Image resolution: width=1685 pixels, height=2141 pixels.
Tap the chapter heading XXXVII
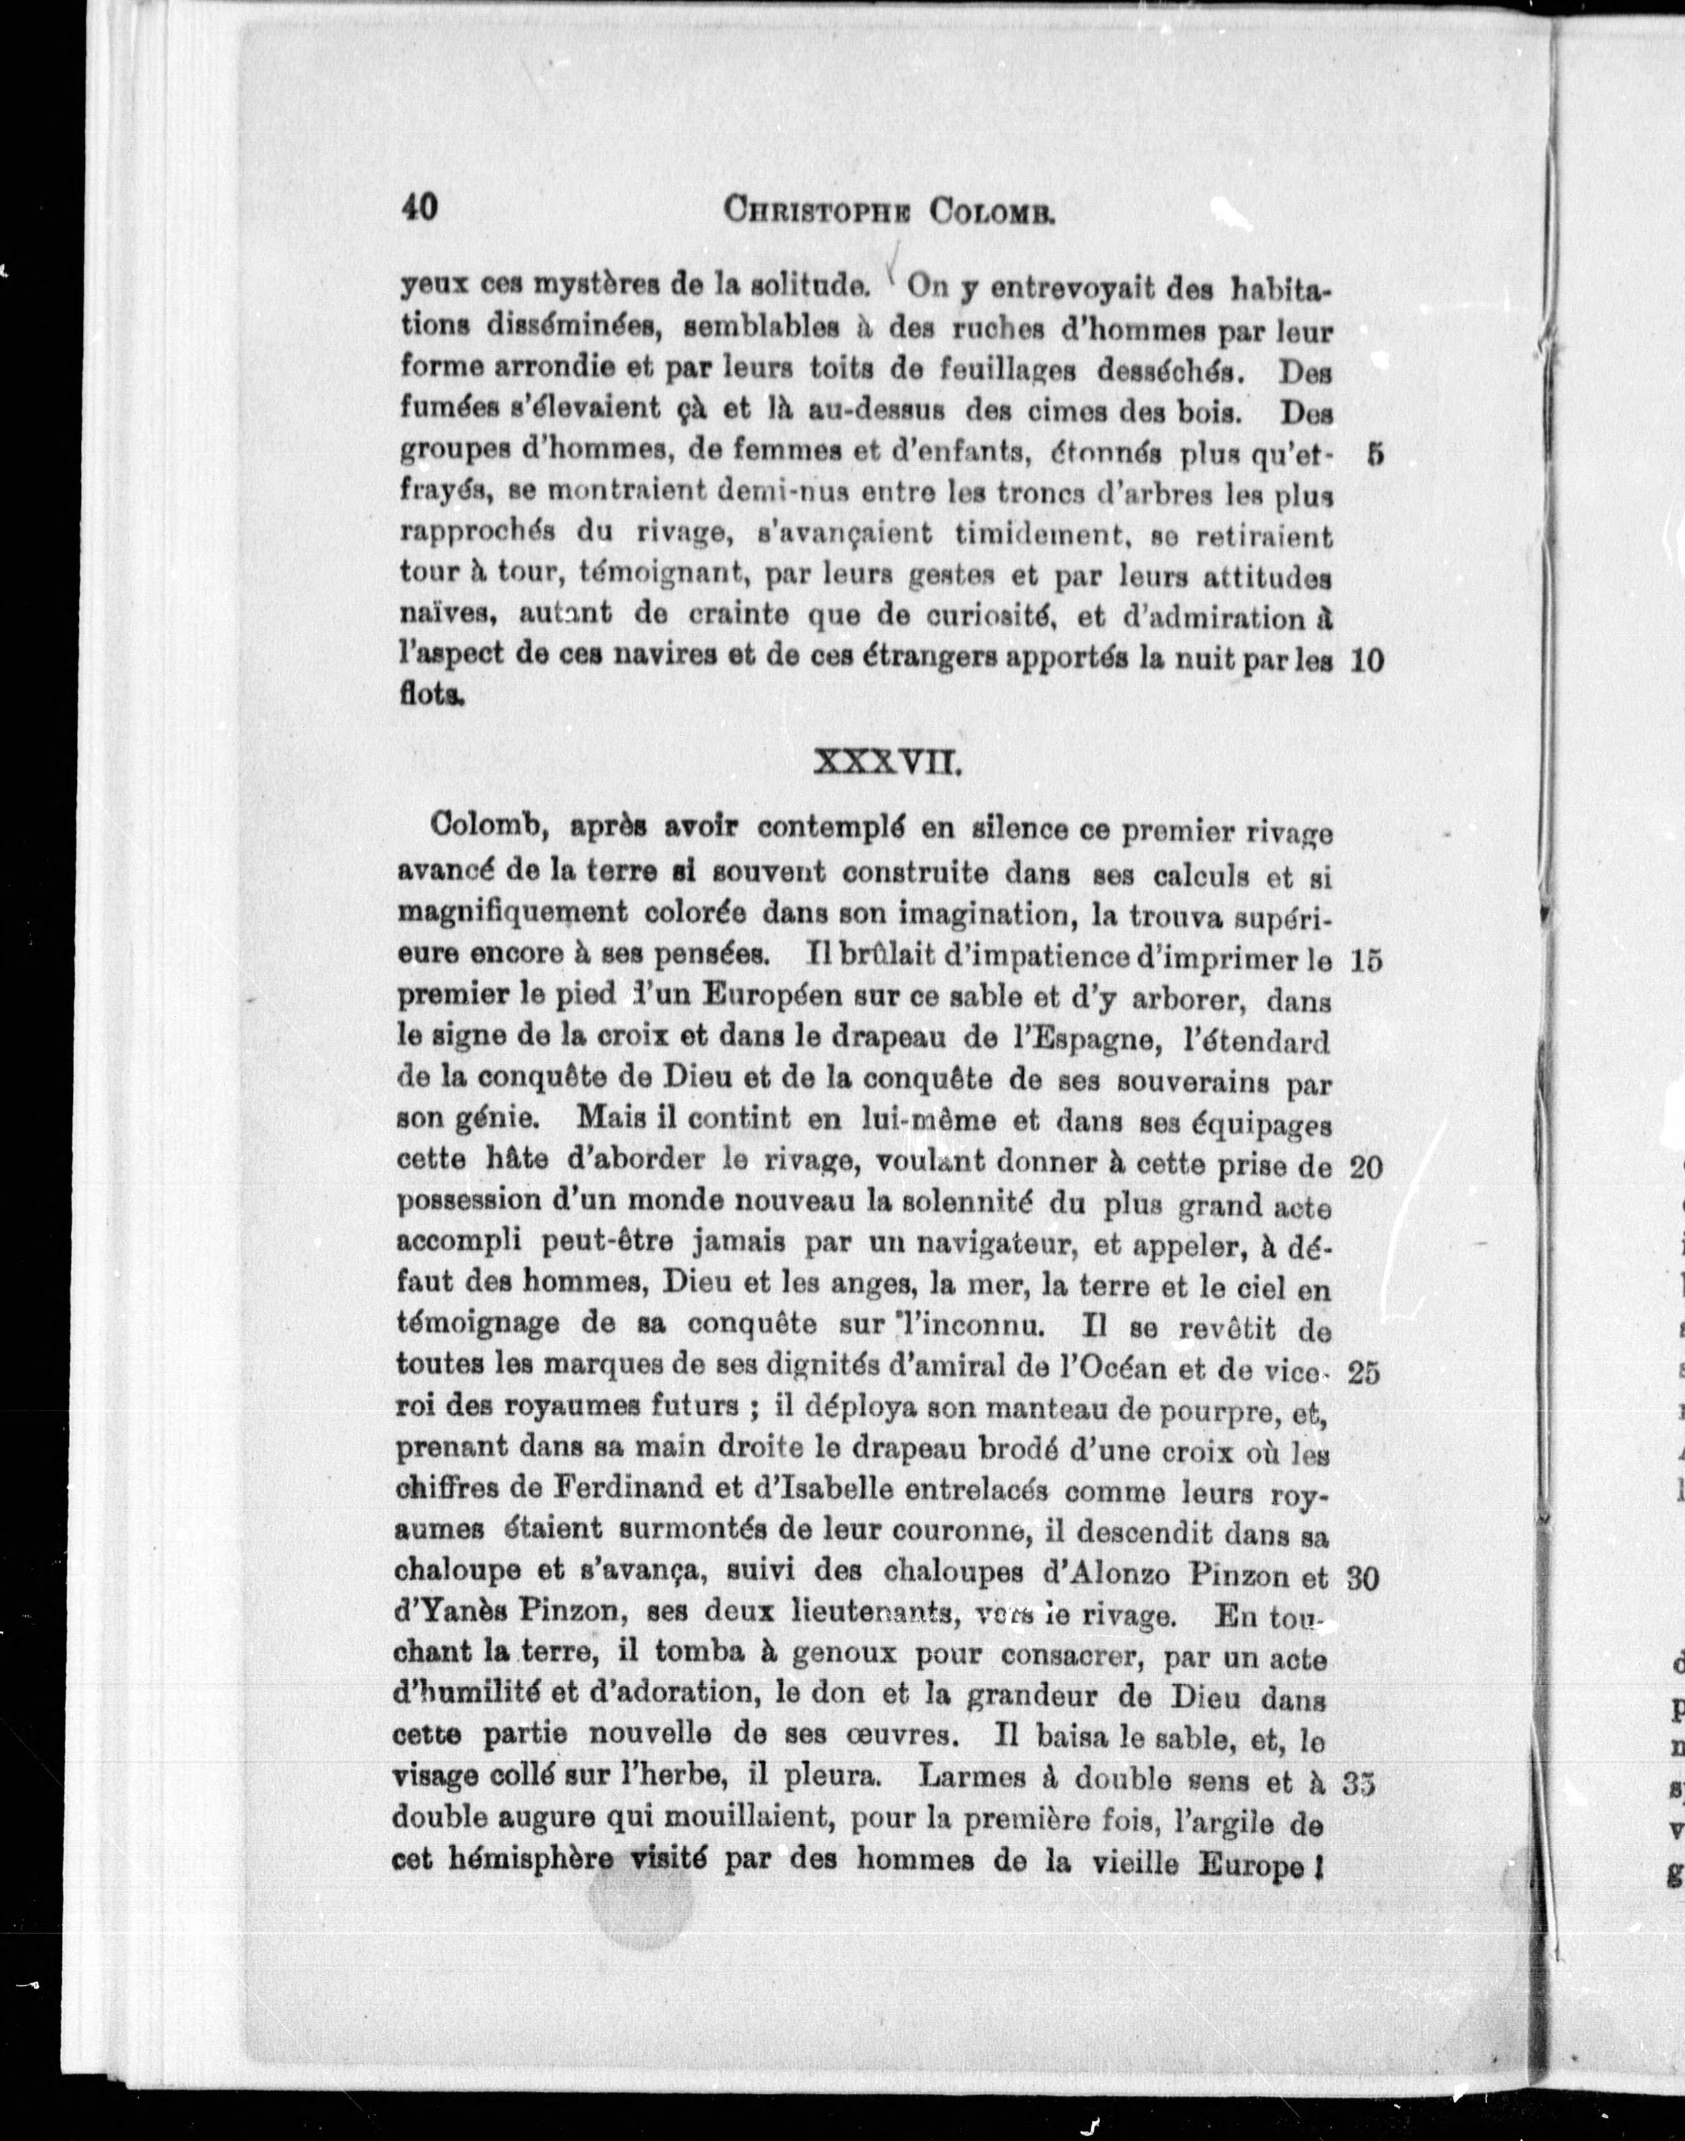[x=885, y=762]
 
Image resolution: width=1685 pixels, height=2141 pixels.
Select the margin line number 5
[x=1375, y=455]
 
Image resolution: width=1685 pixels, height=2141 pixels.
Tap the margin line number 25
[x=1364, y=1373]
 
